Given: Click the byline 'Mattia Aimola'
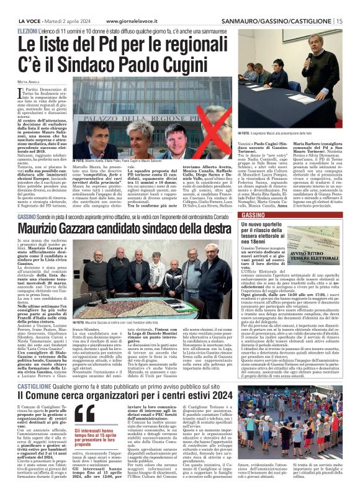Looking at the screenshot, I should pos(29,82).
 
